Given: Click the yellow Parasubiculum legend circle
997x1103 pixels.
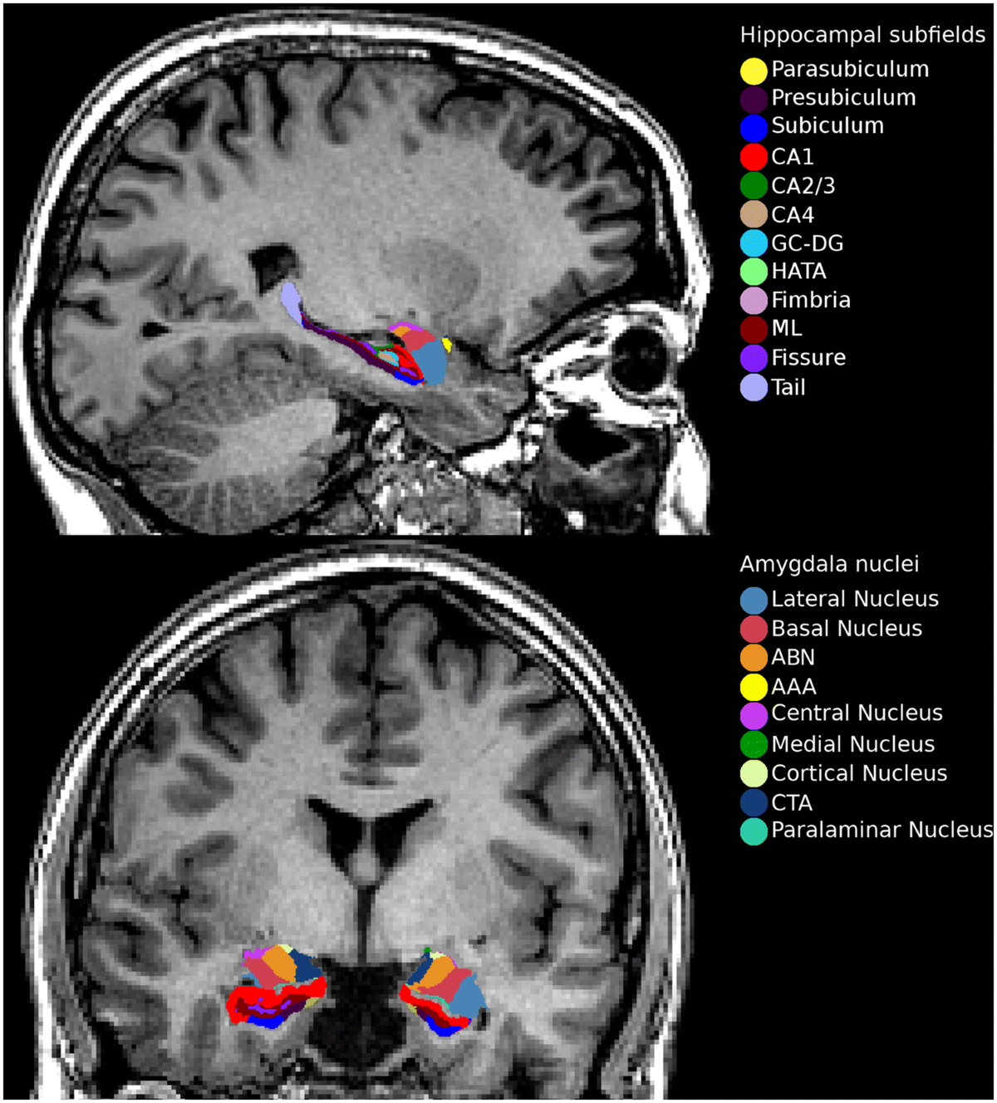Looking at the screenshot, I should click(754, 71).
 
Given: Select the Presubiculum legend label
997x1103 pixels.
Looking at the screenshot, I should click(843, 98).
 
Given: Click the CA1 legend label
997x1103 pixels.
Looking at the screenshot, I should click(792, 157).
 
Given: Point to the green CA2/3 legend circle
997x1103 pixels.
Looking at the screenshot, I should click(754, 186).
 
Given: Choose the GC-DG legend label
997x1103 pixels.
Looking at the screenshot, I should click(807, 243).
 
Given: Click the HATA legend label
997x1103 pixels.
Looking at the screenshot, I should click(798, 272).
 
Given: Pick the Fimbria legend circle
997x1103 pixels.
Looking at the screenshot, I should click(754, 301).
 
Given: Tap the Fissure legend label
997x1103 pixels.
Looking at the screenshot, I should click(808, 358).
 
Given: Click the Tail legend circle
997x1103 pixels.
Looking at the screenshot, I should click(754, 388).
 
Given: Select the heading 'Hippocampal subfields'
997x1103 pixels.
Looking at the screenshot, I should click(862, 36).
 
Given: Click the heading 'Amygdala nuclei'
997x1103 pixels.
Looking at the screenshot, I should click(829, 565).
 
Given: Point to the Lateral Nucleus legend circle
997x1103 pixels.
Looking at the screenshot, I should click(754, 600).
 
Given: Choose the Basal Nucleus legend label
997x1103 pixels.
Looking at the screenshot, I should click(847, 629).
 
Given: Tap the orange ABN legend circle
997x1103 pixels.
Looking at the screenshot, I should click(754, 658).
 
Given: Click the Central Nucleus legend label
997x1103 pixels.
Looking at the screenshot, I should click(857, 713).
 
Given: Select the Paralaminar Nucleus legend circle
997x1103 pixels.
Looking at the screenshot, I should click(754, 831).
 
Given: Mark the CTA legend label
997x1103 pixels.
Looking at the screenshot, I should click(792, 803).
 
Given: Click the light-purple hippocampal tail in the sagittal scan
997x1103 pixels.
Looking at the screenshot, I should click(291, 301).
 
